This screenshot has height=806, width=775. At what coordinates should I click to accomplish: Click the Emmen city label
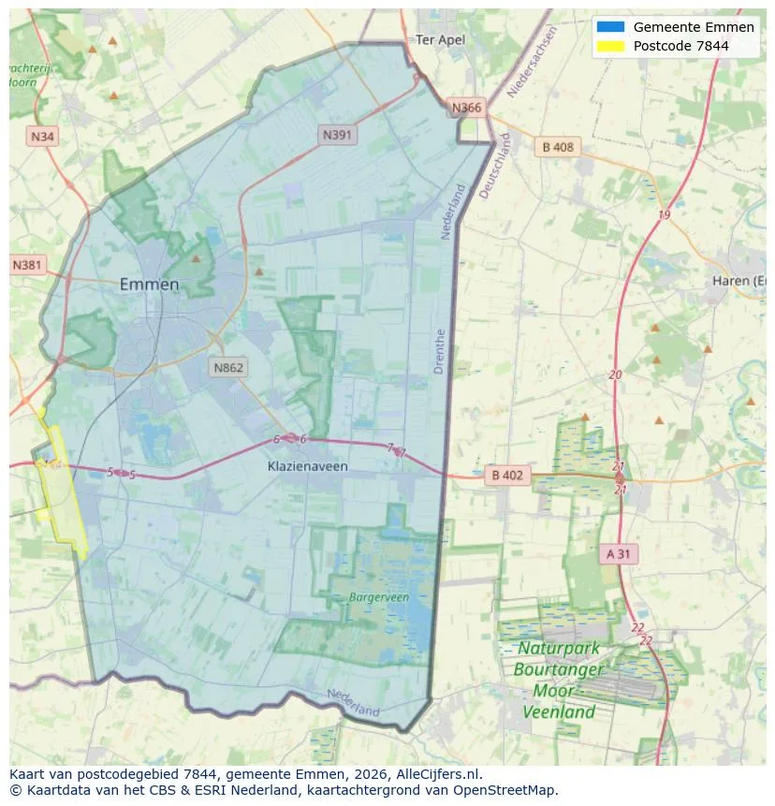tap(150, 285)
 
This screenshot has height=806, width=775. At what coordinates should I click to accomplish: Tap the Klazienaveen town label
tap(305, 465)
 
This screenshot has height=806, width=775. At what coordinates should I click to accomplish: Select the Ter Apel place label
tap(440, 39)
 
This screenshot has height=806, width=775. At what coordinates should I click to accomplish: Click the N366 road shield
tap(466, 108)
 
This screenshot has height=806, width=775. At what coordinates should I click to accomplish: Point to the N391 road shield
tap(338, 135)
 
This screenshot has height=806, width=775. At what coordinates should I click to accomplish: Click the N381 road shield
tap(28, 265)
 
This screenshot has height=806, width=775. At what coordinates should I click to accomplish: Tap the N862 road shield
tap(228, 367)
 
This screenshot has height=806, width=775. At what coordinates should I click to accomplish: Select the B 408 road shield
tap(558, 147)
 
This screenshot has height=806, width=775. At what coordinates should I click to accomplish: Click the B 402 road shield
tap(507, 476)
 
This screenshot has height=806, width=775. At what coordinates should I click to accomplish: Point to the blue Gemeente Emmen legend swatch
tap(609, 27)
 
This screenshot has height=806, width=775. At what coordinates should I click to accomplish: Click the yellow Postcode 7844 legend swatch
tap(609, 46)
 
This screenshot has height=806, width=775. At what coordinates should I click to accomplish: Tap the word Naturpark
tap(560, 649)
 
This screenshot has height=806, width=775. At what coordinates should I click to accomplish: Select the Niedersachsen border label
tap(532, 62)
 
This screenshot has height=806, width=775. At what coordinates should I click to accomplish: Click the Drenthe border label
tap(440, 352)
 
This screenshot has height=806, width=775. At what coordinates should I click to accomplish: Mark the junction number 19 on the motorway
tap(664, 215)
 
